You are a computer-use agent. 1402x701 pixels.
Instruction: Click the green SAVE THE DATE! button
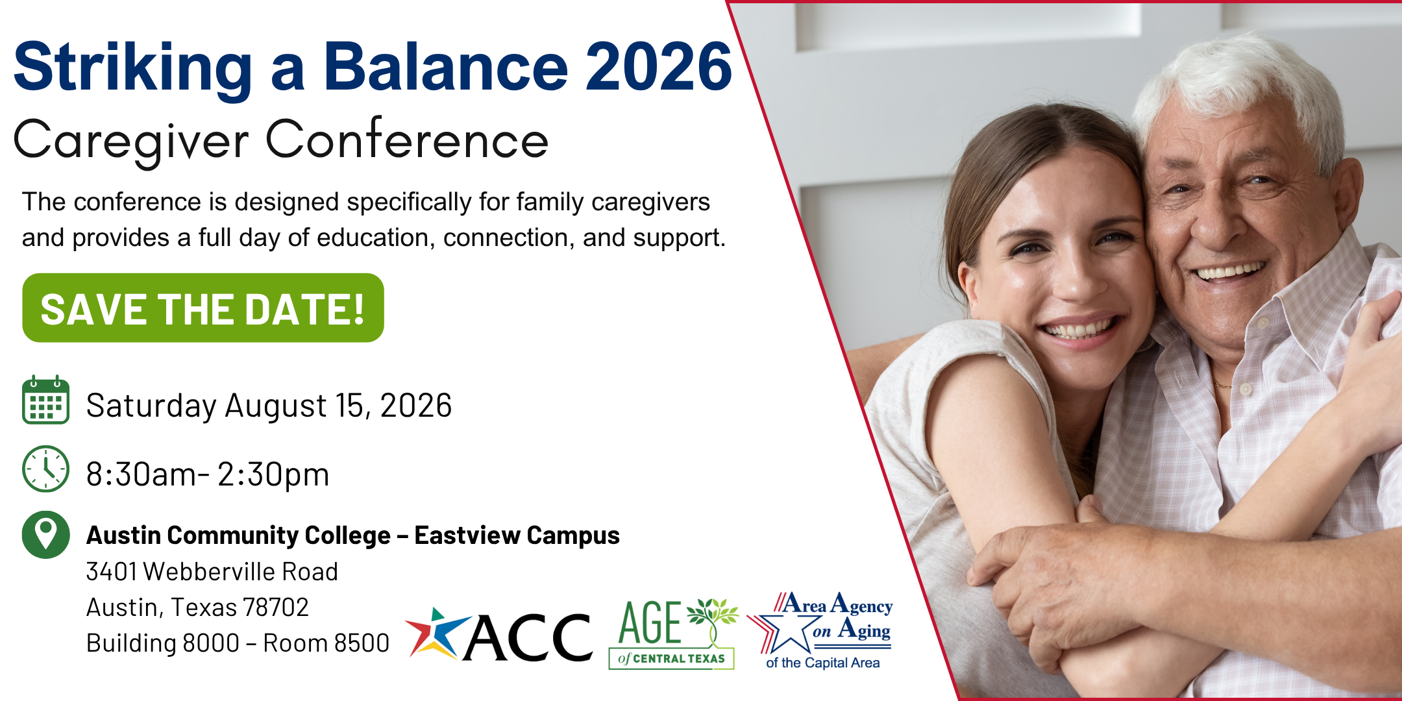tap(203, 308)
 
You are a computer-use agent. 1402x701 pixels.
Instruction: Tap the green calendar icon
tap(45, 400)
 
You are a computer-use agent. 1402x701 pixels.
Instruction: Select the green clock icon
tap(45, 469)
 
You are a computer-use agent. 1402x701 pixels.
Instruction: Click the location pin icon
tap(45, 535)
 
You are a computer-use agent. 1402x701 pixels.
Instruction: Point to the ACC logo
tap(498, 635)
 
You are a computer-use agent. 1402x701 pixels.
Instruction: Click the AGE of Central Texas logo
tap(673, 633)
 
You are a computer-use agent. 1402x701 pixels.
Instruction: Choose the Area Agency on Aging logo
tap(820, 630)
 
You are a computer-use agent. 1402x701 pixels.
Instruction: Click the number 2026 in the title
tap(658, 66)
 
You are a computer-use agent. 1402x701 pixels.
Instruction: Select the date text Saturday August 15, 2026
tap(269, 406)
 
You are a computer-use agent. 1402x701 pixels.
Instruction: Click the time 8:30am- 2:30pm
tap(208, 474)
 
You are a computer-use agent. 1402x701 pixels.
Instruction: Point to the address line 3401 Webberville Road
tap(212, 572)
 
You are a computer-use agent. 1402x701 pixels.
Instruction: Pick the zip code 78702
tap(275, 608)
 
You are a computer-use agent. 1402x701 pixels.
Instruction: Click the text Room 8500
tap(326, 643)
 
